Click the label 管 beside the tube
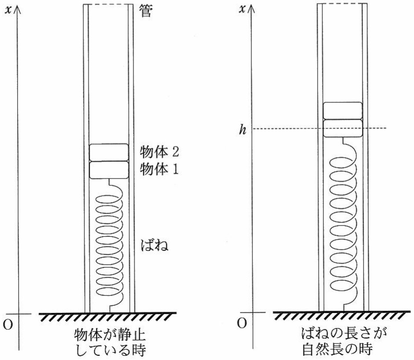point(146,11)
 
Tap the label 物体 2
point(160,152)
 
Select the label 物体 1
point(159,169)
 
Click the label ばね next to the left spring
point(155,245)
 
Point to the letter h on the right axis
point(242,129)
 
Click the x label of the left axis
point(8,10)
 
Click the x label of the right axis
point(242,9)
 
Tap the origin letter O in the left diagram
point(8,325)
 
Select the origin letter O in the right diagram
point(242,323)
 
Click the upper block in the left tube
point(109,152)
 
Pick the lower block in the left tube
point(109,170)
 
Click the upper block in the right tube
point(343,111)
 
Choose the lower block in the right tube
point(343,128)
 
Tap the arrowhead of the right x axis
point(251,9)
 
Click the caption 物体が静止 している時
point(110,342)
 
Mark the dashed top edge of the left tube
point(108,5)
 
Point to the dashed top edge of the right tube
point(343,4)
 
